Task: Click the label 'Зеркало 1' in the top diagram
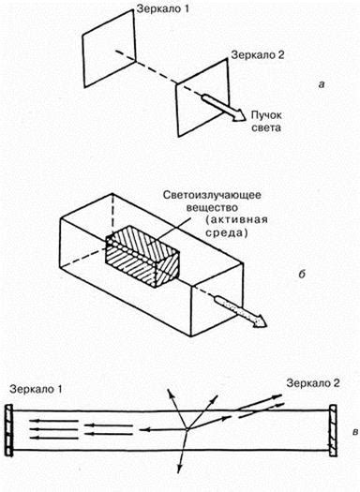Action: pyautogui.click(x=162, y=9)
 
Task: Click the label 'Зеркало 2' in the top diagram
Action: pyautogui.click(x=258, y=55)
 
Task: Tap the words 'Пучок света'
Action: pyautogui.click(x=266, y=122)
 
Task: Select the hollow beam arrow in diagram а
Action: pyautogui.click(x=223, y=108)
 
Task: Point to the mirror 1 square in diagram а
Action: pyautogui.click(x=110, y=49)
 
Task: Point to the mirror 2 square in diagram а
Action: pyautogui.click(x=202, y=97)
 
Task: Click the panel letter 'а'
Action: pyautogui.click(x=321, y=84)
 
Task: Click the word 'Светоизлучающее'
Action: pyautogui.click(x=212, y=195)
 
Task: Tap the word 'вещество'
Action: pyautogui.click(x=212, y=207)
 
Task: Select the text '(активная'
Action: pyautogui.click(x=236, y=219)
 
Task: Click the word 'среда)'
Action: pyautogui.click(x=226, y=232)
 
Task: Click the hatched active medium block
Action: pyautogui.click(x=142, y=257)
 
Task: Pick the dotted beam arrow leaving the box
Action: pyautogui.click(x=240, y=311)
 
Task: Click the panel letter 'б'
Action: pyautogui.click(x=302, y=274)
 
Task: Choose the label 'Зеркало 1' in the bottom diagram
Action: pyautogui.click(x=36, y=390)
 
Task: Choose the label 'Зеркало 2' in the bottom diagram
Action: pyautogui.click(x=313, y=383)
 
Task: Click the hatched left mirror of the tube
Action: pyautogui.click(x=9, y=430)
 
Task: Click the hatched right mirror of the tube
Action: pyautogui.click(x=333, y=430)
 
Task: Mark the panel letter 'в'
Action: pyautogui.click(x=355, y=432)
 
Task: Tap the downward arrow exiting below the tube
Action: pyautogui.click(x=183, y=451)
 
